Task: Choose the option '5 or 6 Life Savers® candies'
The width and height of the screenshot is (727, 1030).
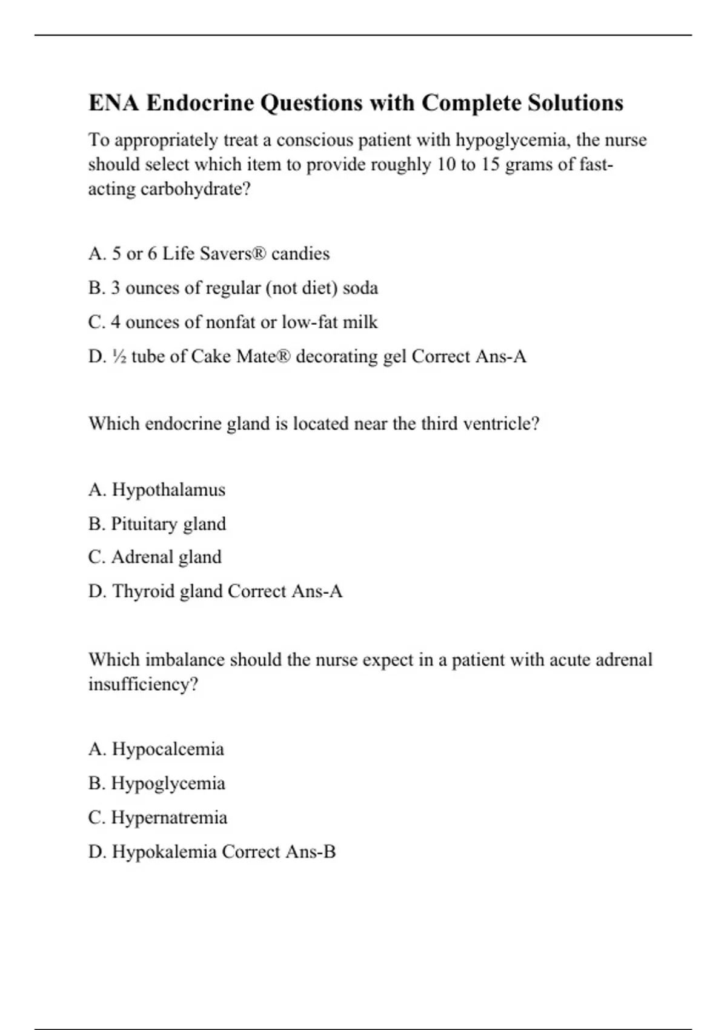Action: click(209, 253)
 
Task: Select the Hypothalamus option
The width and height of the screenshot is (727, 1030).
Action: click(157, 490)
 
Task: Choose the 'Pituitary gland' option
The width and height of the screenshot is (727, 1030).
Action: click(157, 523)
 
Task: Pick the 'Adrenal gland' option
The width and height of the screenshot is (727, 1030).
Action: click(154, 557)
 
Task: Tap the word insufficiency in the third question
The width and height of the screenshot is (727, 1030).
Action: click(143, 684)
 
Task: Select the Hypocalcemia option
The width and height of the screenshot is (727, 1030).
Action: click(156, 749)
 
